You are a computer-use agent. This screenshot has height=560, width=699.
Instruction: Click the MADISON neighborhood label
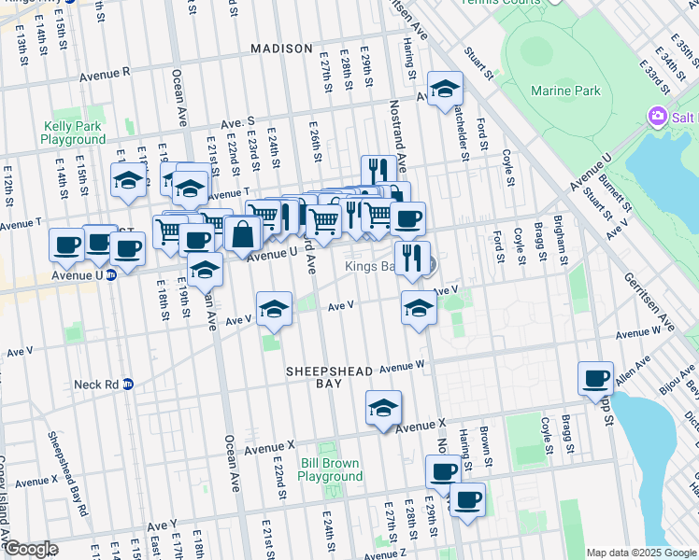point(280,48)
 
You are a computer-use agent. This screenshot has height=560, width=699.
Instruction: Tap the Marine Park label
point(563,91)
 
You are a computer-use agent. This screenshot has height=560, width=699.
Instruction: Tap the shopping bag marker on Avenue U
point(242,235)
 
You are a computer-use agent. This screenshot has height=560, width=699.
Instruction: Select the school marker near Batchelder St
point(446,90)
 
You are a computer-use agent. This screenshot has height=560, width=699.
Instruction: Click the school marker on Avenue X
point(383,408)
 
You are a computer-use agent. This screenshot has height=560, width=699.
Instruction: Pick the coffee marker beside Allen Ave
point(595,379)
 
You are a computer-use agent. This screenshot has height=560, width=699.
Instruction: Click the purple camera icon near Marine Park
point(658,116)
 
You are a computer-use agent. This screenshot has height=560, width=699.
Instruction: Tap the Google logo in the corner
point(31,549)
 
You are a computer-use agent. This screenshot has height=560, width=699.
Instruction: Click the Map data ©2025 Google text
point(640,553)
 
